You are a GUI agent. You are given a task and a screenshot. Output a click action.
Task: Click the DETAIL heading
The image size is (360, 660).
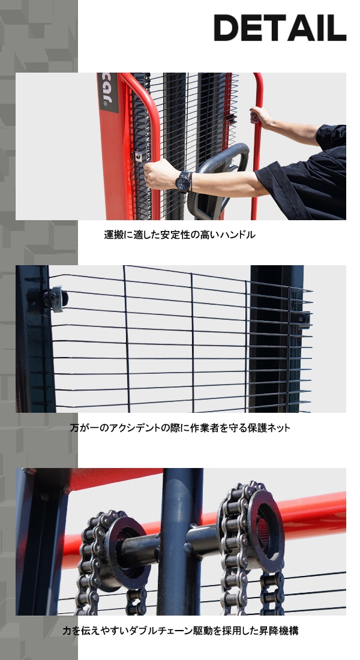click(280, 28)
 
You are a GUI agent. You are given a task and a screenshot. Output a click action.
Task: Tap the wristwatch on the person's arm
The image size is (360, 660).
click(184, 182)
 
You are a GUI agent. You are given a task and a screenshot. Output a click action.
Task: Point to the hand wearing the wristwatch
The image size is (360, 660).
click(160, 174)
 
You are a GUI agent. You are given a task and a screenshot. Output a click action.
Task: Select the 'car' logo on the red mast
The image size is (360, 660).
click(108, 92)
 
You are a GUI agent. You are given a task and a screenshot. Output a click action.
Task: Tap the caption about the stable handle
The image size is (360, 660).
click(180, 235)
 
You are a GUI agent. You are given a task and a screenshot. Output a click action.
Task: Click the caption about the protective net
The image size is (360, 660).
click(180, 428)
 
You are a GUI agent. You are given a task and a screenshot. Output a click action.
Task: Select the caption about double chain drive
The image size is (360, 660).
click(180, 631)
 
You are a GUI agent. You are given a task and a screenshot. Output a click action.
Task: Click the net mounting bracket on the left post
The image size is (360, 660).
click(56, 299)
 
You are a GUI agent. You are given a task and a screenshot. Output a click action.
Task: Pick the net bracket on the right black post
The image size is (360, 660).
click(302, 319)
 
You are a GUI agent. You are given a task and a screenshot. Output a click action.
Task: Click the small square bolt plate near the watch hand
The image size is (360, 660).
click(139, 156)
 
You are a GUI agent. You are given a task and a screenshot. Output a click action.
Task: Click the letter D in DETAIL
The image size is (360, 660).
click(226, 28)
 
